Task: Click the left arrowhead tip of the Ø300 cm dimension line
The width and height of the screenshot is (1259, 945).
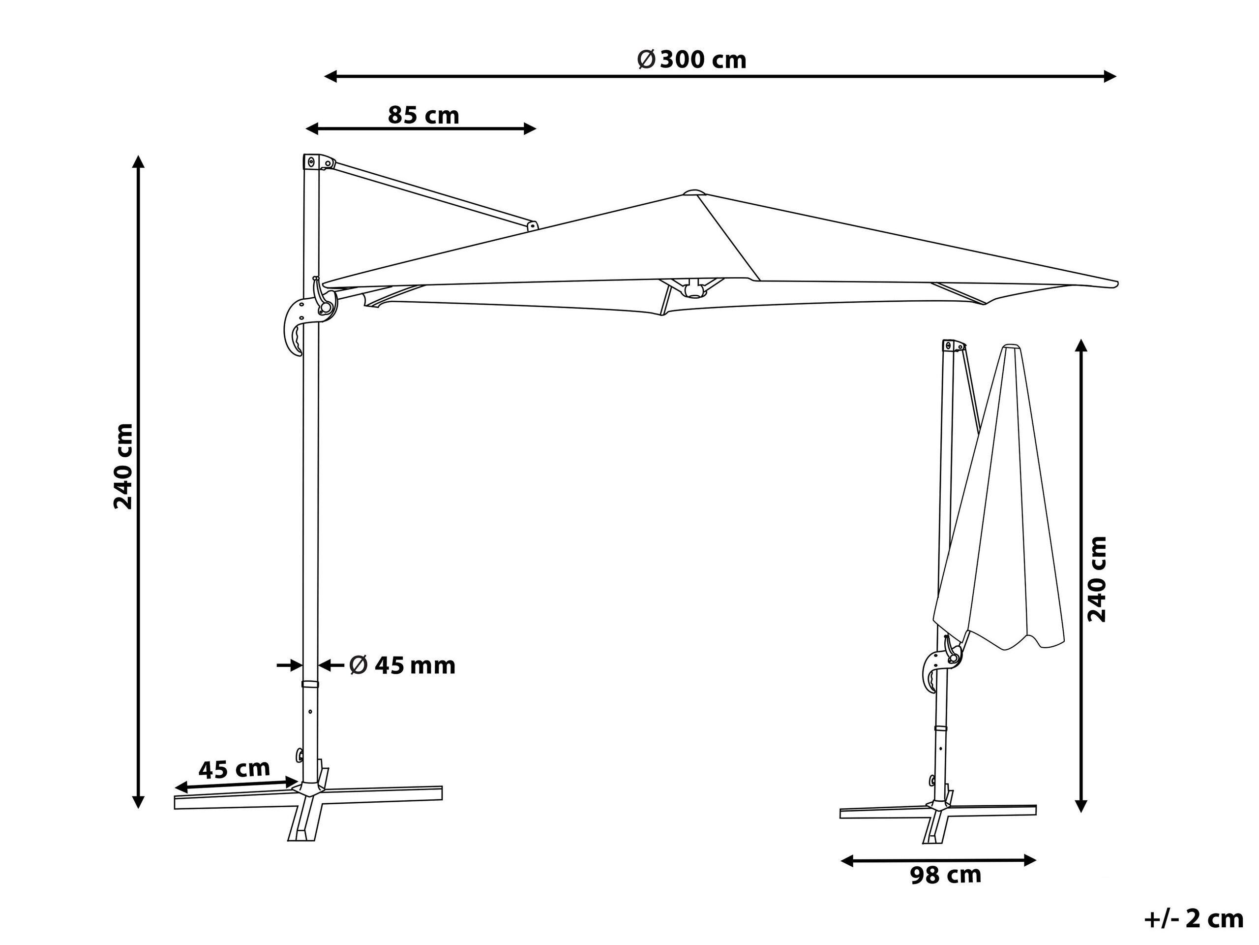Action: click(325, 76)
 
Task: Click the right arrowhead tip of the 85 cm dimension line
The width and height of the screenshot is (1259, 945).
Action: click(537, 129)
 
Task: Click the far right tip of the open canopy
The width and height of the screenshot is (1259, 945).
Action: click(1118, 283)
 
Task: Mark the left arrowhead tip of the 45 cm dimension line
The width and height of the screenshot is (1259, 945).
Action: click(175, 789)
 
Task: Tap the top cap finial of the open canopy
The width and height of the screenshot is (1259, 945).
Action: click(693, 192)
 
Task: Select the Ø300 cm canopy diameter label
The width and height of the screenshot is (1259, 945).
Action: click(691, 59)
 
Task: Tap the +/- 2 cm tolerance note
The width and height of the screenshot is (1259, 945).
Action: click(1194, 919)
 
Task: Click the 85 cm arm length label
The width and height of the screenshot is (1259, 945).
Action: click(423, 115)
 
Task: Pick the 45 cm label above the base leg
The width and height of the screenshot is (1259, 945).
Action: click(234, 768)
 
